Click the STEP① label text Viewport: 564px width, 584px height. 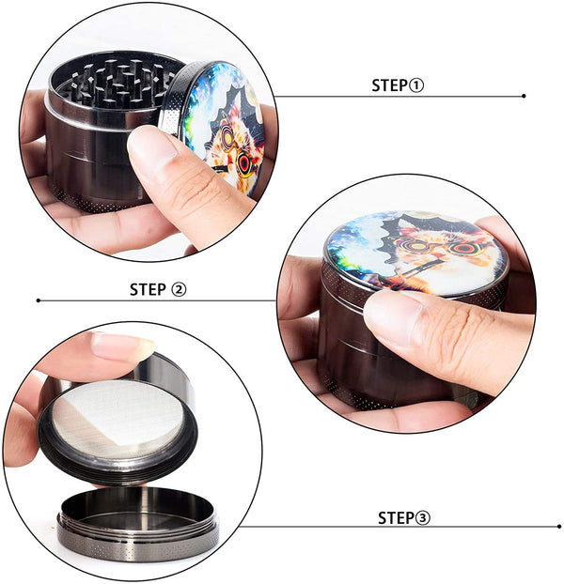[x=398, y=85]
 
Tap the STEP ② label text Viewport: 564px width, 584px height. [x=158, y=290]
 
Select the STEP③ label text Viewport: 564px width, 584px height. [x=404, y=518]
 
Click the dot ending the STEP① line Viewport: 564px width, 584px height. [x=524, y=96]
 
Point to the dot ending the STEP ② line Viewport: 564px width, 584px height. [x=39, y=300]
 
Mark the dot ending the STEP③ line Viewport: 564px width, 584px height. [x=559, y=527]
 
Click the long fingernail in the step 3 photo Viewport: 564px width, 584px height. [x=122, y=345]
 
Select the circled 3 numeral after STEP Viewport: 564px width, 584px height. [x=423, y=518]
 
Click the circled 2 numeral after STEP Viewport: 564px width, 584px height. [x=179, y=290]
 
